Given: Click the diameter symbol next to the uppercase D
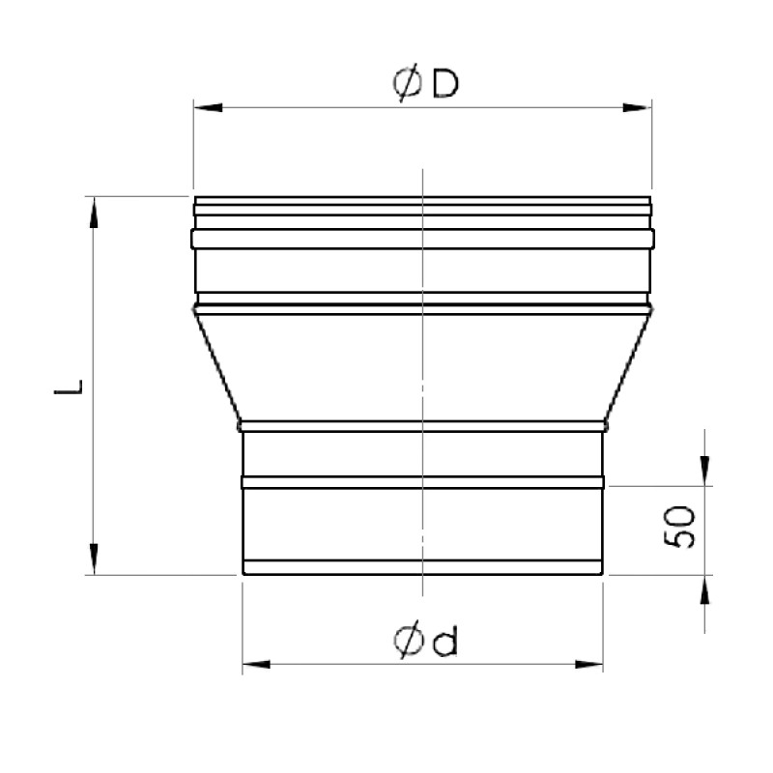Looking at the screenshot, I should [407, 85].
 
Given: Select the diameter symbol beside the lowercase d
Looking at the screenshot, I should [407, 641].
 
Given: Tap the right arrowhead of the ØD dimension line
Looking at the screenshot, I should [638, 106].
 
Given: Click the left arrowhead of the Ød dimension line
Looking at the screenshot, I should [254, 664].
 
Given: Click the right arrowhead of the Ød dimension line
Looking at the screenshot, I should [590, 664].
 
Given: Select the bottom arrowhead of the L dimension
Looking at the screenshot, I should [95, 558].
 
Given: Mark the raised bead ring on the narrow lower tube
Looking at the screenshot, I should [422, 480].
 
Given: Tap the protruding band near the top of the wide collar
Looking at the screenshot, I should [422, 237].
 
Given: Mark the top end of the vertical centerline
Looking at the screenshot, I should [423, 170].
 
